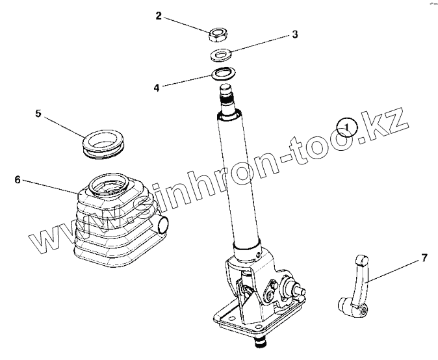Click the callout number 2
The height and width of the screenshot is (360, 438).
pyautogui.click(x=159, y=16)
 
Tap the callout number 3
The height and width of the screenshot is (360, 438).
pyautogui.click(x=295, y=34)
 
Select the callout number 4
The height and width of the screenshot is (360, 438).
pyautogui.click(x=157, y=88)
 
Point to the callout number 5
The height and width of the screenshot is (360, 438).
pyautogui.click(x=38, y=113)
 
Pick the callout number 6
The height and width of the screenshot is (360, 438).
pyautogui.click(x=18, y=179)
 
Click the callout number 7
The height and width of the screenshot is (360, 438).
pyautogui.click(x=424, y=258)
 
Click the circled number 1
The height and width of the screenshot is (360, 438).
pyautogui.click(x=346, y=127)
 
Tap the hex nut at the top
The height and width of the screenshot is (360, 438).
pyautogui.click(x=218, y=34)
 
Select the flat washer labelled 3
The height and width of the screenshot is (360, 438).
pyautogui.click(x=221, y=55)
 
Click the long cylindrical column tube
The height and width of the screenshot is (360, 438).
pyautogui.click(x=239, y=179)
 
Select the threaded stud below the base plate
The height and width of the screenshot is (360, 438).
pyautogui.click(x=261, y=341)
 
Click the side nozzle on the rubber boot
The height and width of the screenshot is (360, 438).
pyautogui.click(x=161, y=225)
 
